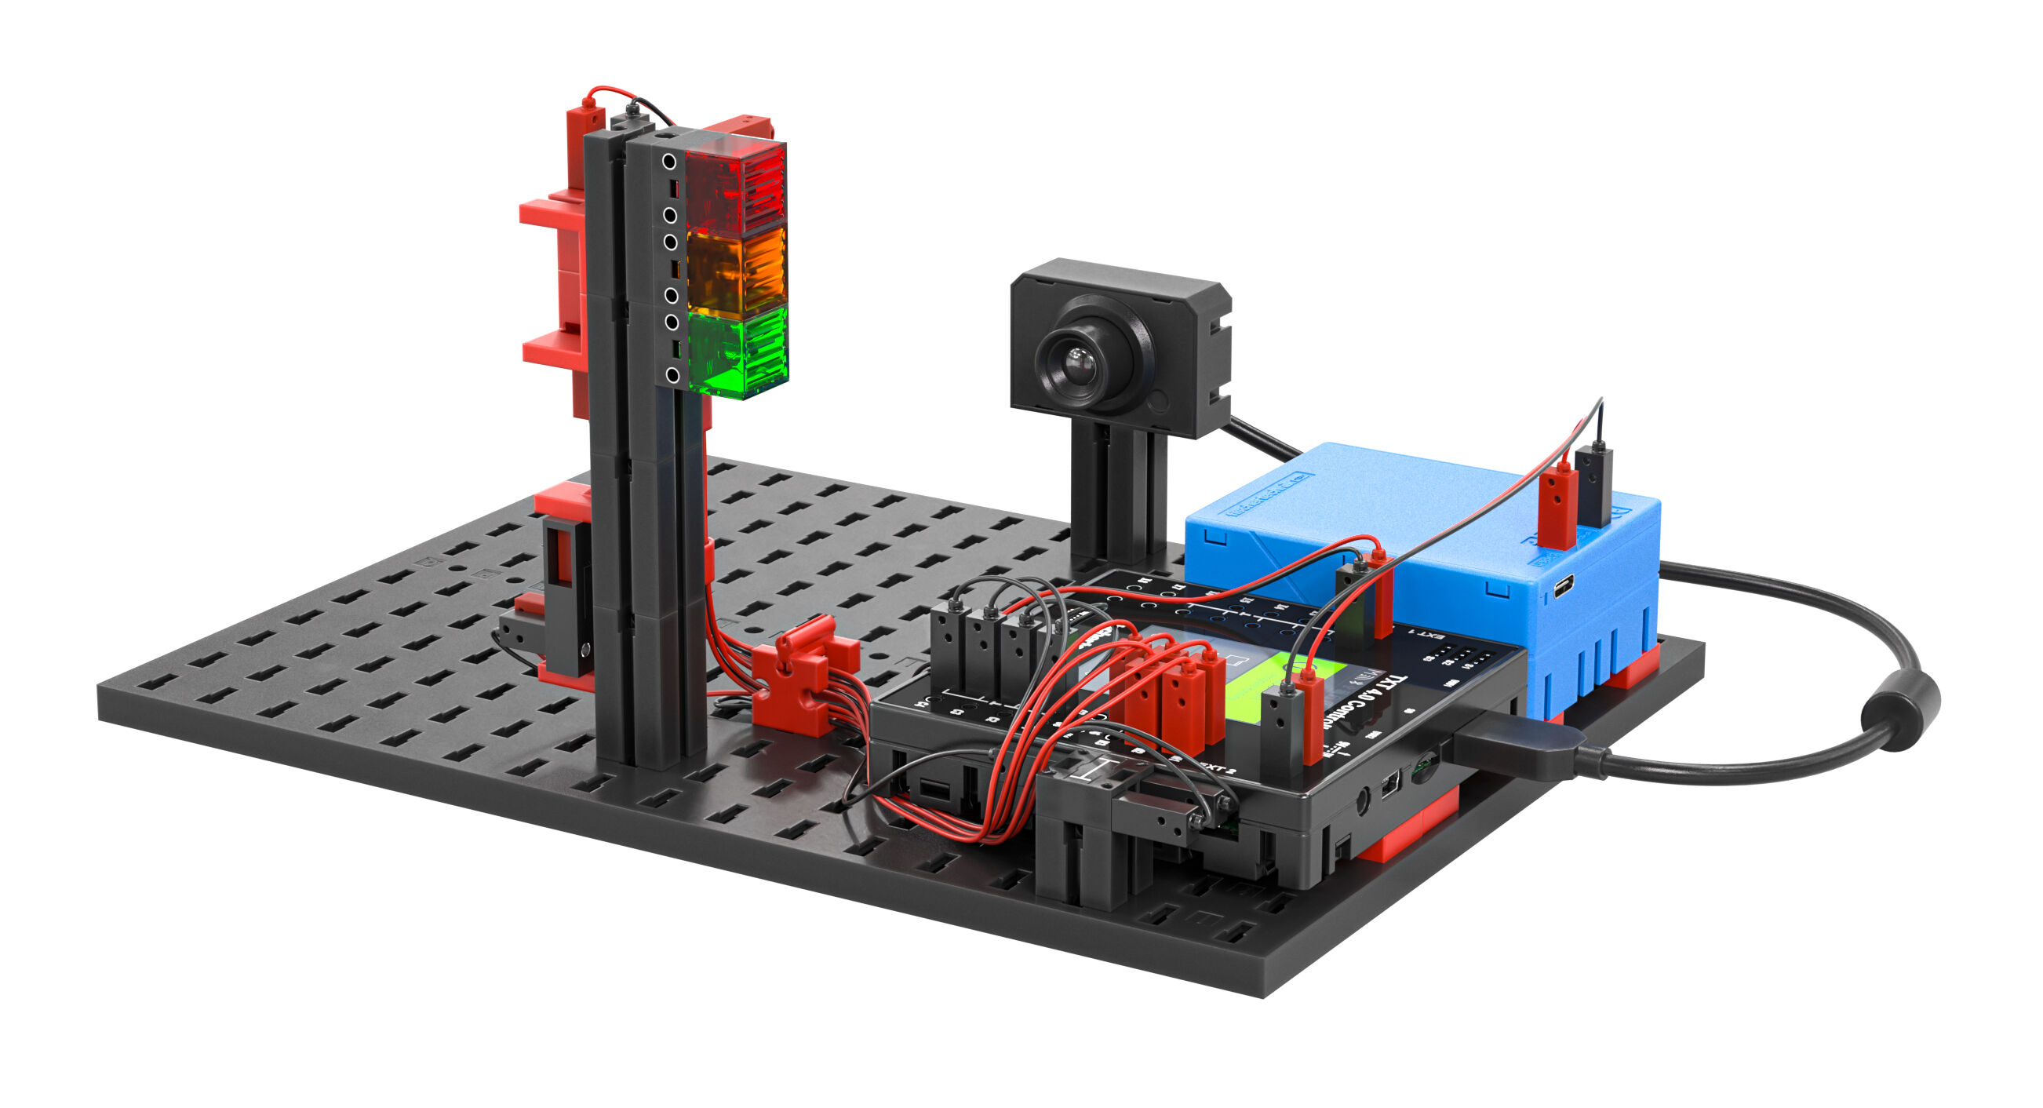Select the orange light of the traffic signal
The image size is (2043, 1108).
(x=736, y=270)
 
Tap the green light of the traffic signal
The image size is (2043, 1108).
(x=737, y=352)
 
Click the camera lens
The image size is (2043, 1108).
(x=1076, y=364)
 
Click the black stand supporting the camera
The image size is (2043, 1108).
(x=1118, y=500)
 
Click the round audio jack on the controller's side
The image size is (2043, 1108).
(x=1364, y=801)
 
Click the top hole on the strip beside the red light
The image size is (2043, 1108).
(x=669, y=162)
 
